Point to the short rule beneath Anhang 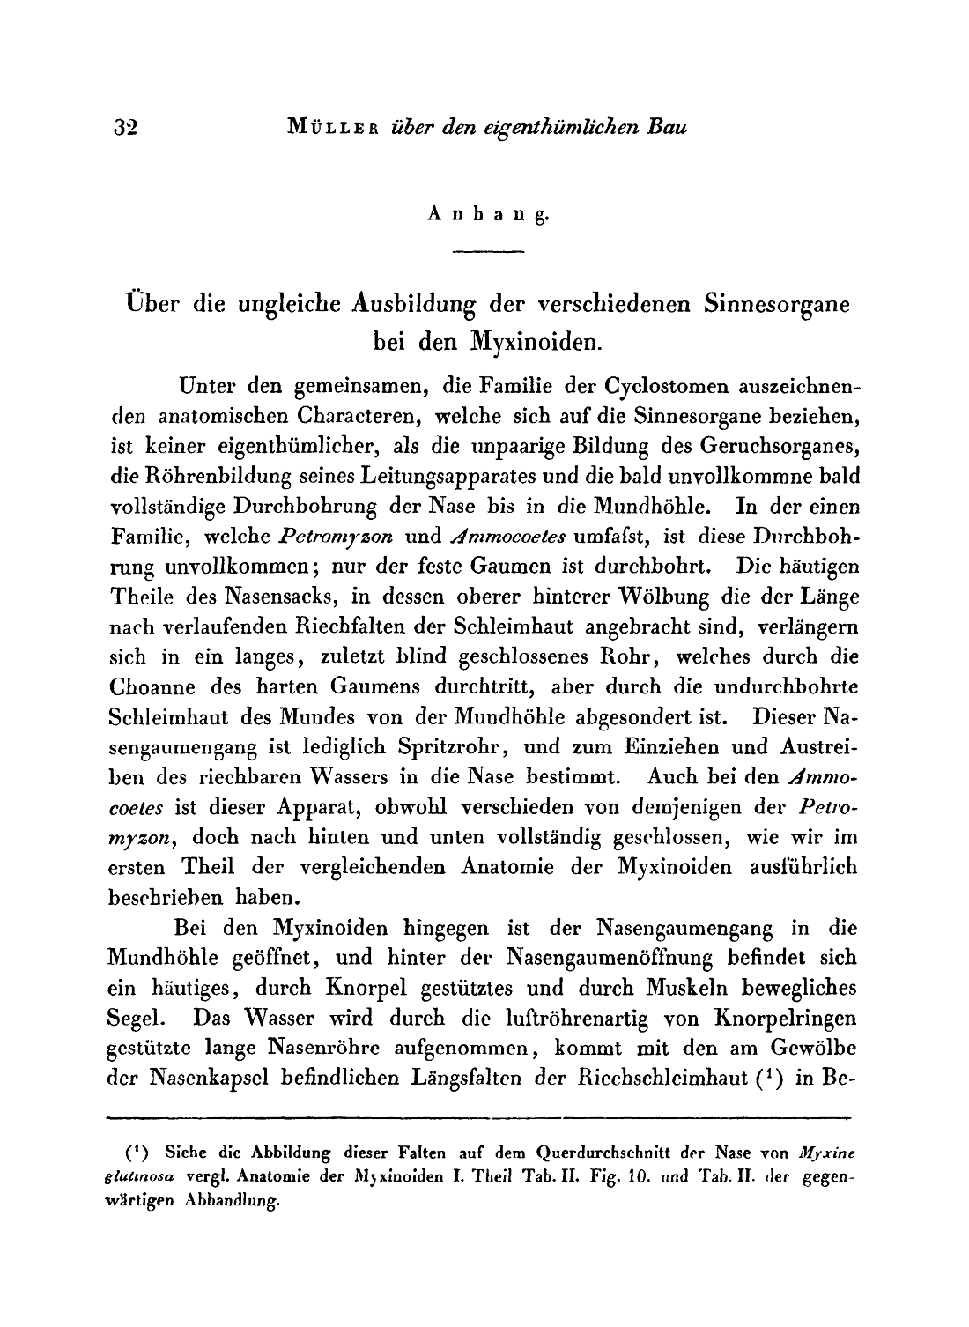(487, 253)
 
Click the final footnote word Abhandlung (232, 1199)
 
